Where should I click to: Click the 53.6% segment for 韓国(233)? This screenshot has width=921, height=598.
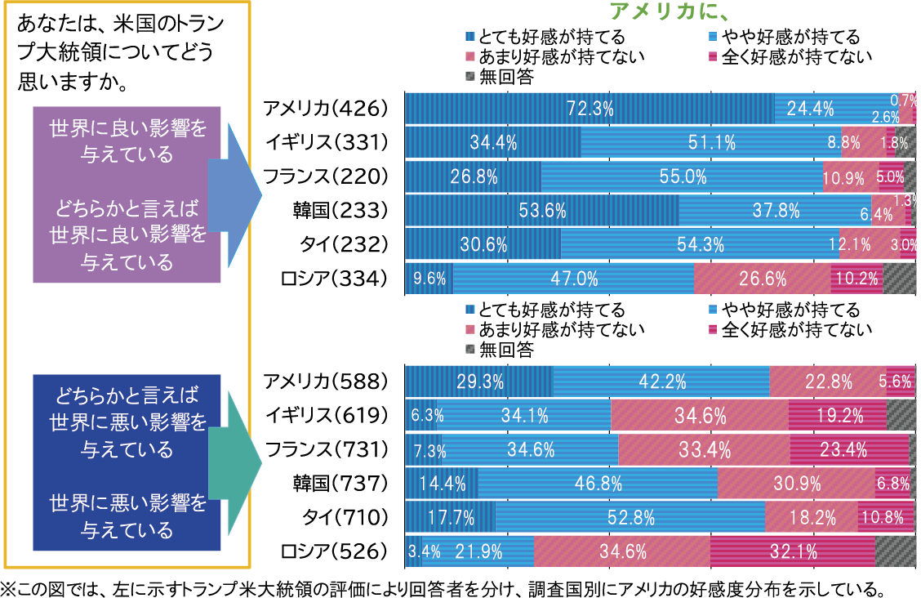542,211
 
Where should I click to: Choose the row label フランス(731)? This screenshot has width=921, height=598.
324,449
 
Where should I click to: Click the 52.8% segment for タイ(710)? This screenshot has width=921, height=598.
630,517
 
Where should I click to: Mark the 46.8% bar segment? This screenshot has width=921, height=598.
598,483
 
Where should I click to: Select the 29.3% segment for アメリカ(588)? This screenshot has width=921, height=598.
479,381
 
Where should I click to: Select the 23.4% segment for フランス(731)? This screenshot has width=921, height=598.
849,449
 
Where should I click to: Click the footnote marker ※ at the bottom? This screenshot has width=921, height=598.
8,588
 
